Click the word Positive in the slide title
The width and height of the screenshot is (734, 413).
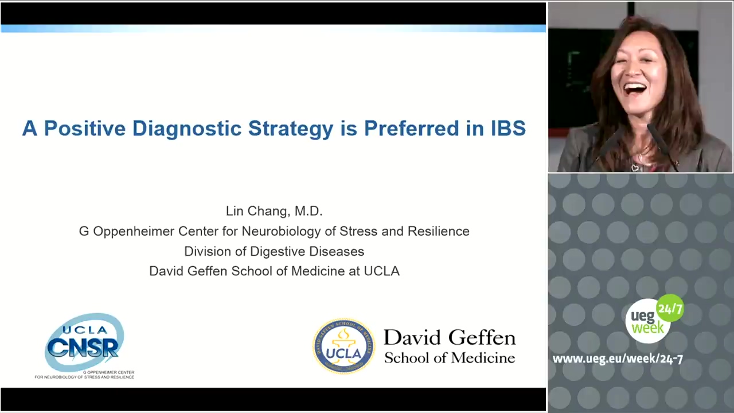click(85, 128)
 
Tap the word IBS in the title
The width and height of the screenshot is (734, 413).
click(508, 128)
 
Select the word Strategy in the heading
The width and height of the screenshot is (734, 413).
click(291, 129)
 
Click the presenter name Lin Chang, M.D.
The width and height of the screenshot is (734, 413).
click(274, 211)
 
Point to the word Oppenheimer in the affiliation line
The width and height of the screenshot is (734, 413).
click(133, 232)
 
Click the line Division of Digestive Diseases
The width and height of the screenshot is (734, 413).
click(274, 252)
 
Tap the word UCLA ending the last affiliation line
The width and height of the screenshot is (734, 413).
click(382, 271)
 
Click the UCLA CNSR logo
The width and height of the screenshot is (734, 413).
click(84, 343)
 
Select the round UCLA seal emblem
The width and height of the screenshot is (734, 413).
click(343, 346)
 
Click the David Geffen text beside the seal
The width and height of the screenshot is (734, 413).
click(450, 338)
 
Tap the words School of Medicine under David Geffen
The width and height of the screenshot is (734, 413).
click(450, 358)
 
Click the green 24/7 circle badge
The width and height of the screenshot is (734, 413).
click(670, 308)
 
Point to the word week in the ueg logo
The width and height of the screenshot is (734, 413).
click(648, 328)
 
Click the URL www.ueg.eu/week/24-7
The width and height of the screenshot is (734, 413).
click(618, 359)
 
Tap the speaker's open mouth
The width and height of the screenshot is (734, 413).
click(635, 89)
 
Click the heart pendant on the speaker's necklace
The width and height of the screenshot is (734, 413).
click(635, 168)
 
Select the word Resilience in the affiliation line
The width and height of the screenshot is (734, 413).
click(439, 231)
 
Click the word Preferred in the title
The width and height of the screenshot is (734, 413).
click(412, 128)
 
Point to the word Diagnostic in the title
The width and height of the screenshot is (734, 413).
click(187, 129)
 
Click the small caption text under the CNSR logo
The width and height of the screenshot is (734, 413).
click(84, 375)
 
